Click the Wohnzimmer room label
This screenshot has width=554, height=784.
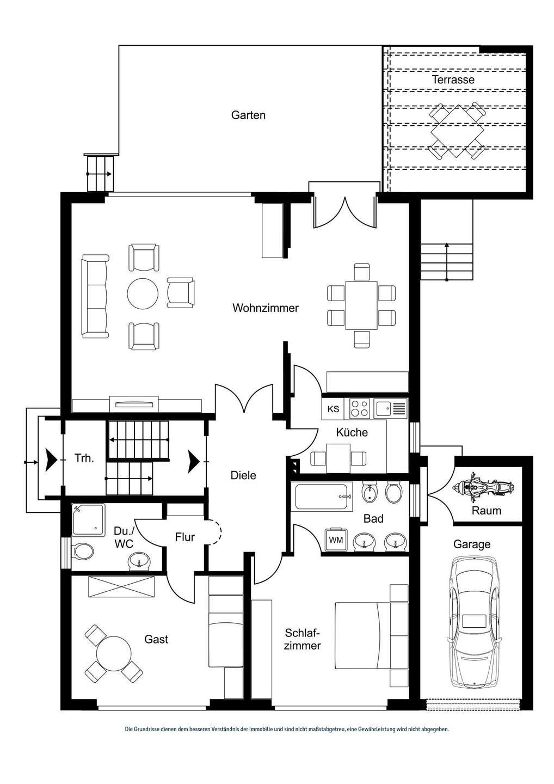coord(266,308)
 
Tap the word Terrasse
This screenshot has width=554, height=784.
coord(453,79)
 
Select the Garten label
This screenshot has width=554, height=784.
coord(248,115)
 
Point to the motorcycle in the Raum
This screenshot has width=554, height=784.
coord(482,487)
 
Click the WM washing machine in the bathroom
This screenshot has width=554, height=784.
coord(336,540)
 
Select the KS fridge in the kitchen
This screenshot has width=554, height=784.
coord(333,409)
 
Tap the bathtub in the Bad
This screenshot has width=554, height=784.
coord(321,497)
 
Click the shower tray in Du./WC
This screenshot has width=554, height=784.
coord(88,518)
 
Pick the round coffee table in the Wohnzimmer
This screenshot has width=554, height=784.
coord(143,294)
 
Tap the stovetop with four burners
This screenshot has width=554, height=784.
coord(359,408)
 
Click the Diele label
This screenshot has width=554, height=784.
coord(243,475)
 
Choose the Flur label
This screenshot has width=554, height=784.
coord(185,537)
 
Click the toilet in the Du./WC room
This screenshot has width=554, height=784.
coord(83,552)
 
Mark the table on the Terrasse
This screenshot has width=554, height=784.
coord(457,131)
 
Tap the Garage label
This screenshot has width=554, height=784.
coord(472,544)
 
